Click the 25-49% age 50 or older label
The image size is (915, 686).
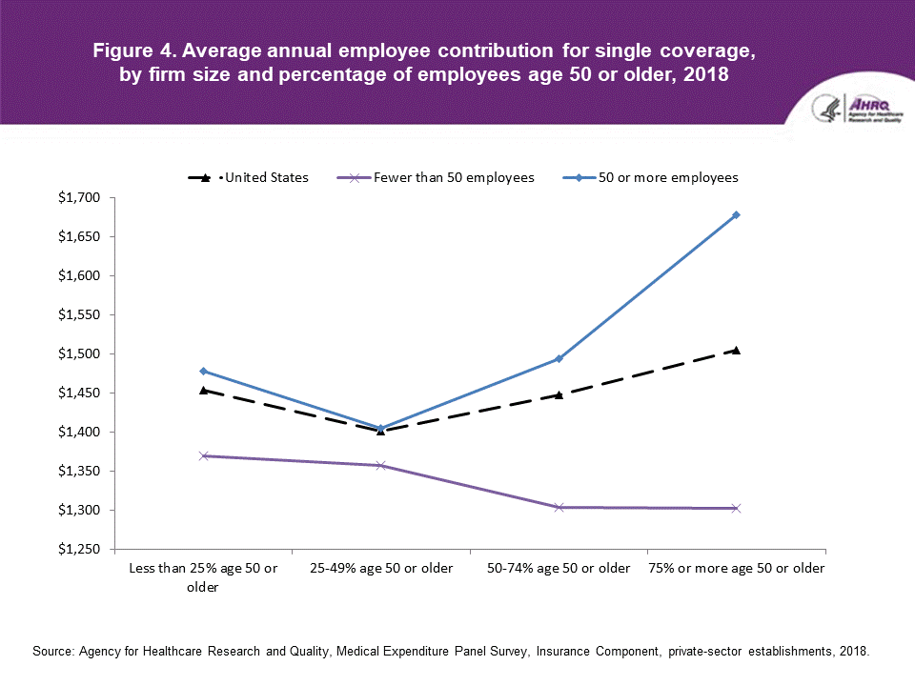pyautogui.click(x=381, y=569)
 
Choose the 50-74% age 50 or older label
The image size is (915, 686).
pyautogui.click(x=559, y=569)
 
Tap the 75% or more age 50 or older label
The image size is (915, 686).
pyautogui.click(x=737, y=569)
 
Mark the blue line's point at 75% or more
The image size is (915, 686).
pyautogui.click(x=737, y=215)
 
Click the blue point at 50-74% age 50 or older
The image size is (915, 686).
pyautogui.click(x=559, y=358)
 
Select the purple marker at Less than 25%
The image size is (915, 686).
pyautogui.click(x=204, y=455)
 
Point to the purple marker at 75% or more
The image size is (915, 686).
pyautogui.click(x=737, y=508)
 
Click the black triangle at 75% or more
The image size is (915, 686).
pyautogui.click(x=737, y=351)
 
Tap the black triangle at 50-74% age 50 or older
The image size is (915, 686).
pyautogui.click(x=559, y=394)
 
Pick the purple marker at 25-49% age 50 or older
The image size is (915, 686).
pyautogui.click(x=381, y=465)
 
